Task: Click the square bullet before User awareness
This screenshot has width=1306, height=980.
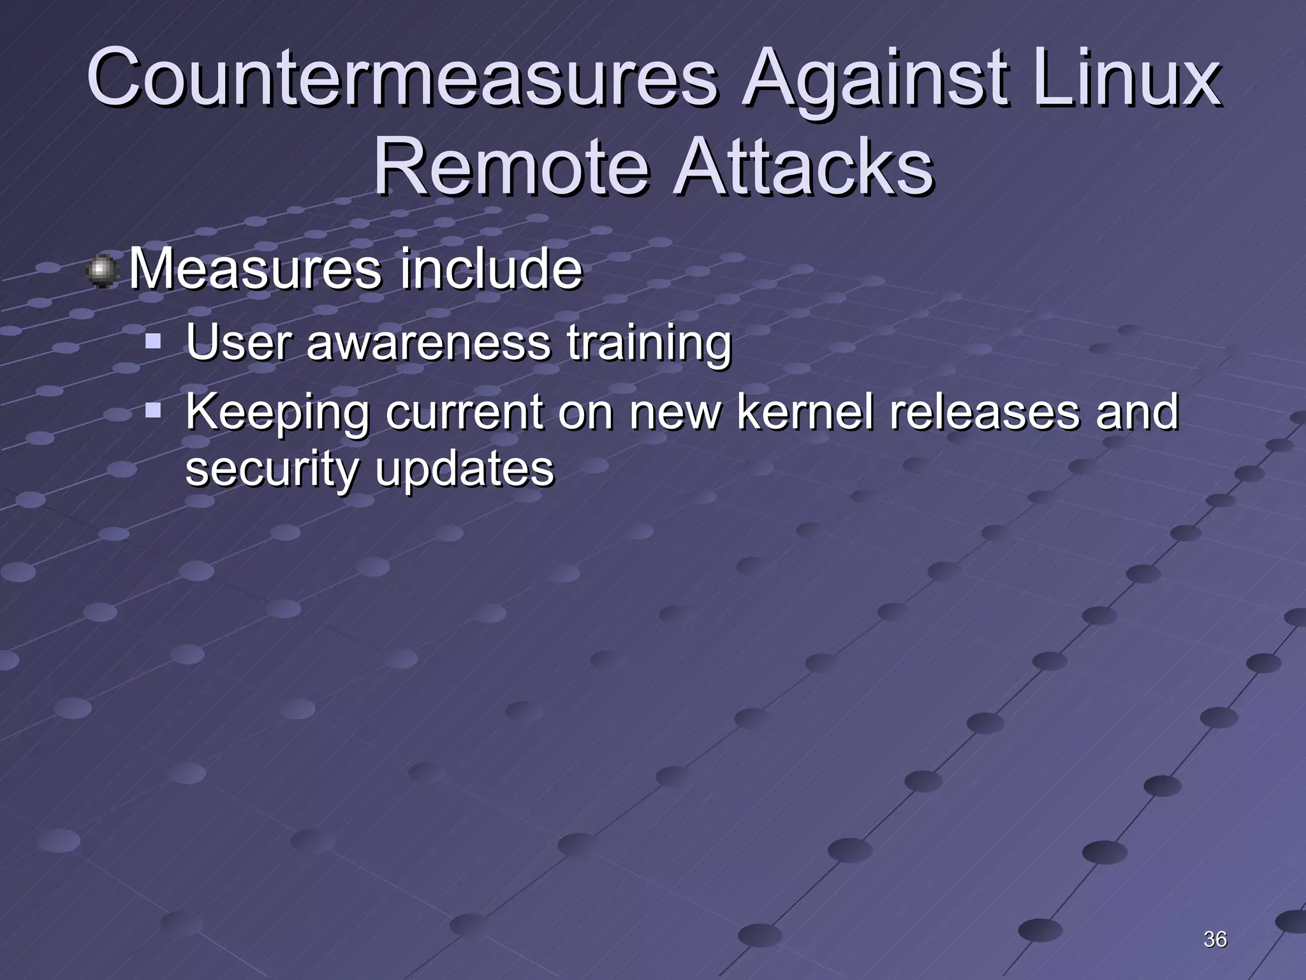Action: pyautogui.click(x=153, y=343)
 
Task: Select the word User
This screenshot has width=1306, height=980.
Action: pyautogui.click(x=238, y=343)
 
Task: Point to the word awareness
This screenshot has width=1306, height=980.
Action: pyautogui.click(x=429, y=343)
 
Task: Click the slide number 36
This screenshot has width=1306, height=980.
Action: pyautogui.click(x=1215, y=939)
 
